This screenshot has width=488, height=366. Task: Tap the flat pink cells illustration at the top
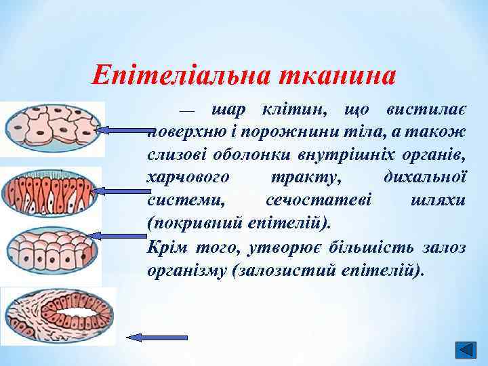[51, 127]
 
